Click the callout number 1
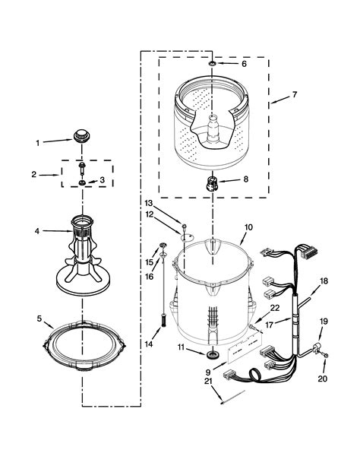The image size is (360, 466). point(38,143)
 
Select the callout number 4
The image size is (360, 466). point(36,231)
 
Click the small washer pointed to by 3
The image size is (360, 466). point(82,182)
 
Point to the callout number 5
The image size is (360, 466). point(39,319)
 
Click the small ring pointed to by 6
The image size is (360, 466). point(213,63)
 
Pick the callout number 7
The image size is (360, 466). point(294,95)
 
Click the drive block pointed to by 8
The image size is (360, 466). point(212,183)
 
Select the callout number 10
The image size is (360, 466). point(248,227)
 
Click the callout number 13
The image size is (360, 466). point(149,204)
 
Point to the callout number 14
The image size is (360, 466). point(149,344)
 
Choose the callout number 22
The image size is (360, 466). point(275,308)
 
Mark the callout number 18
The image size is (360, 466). point(324,281)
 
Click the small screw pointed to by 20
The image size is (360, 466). point(326,355)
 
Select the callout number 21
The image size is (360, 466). point(208,381)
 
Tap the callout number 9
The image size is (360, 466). point(207,372)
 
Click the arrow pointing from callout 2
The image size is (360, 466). point(49,175)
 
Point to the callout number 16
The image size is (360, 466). point(149,277)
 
